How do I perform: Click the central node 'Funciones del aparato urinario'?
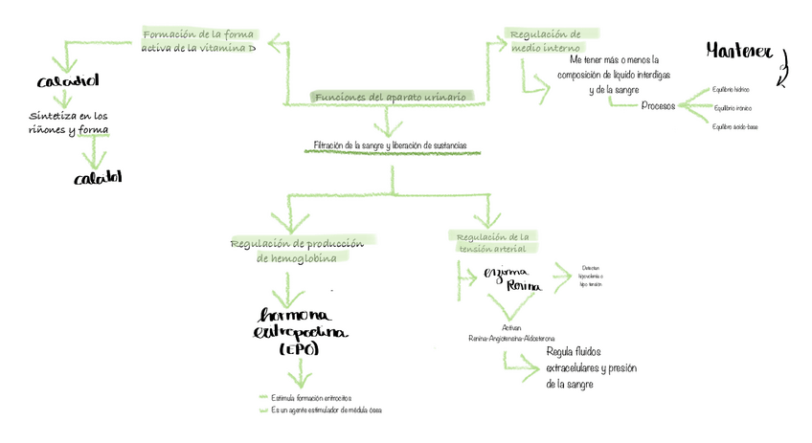tap(390, 98)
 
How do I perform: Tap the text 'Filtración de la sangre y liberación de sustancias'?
tap(390, 145)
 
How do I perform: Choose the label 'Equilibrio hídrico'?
tap(731, 89)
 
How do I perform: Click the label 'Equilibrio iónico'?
tap(731, 107)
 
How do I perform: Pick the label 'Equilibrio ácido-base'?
tap(734, 125)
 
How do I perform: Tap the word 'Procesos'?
tap(658, 105)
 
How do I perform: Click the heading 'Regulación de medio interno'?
tap(544, 40)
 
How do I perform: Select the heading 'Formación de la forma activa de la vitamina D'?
tap(198, 40)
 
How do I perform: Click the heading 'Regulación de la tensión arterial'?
tap(492, 243)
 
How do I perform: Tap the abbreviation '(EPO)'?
tap(300, 351)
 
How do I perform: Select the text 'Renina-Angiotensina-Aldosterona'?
tap(511, 338)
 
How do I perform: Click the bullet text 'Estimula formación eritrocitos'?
tap(311, 396)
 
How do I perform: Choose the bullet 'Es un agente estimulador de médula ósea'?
tap(327, 410)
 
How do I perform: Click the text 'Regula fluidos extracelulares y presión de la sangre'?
tap(591, 367)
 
